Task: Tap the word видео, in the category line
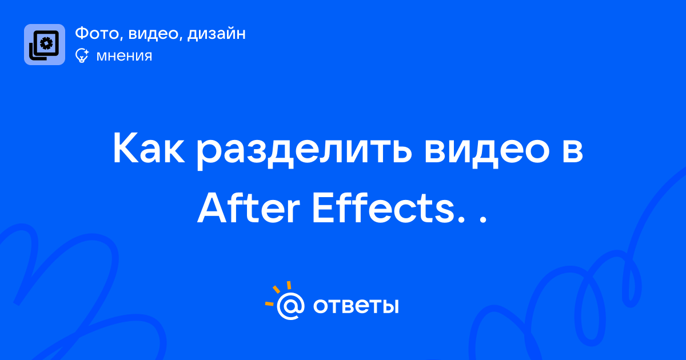pyautogui.click(x=153, y=34)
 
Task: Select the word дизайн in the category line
pyautogui.click(x=217, y=34)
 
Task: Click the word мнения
pyautogui.click(x=125, y=56)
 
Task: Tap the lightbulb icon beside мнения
pyautogui.click(x=82, y=55)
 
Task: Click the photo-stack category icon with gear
pyautogui.click(x=45, y=45)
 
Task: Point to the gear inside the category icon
pyautogui.click(x=46, y=43)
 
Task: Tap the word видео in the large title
pyautogui.click(x=487, y=151)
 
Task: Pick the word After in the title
pyautogui.click(x=248, y=208)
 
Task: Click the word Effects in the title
pyautogui.click(x=383, y=208)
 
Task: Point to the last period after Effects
pyautogui.click(x=482, y=220)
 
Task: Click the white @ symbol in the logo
pyautogui.click(x=290, y=306)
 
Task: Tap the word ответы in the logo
pyautogui.click(x=356, y=306)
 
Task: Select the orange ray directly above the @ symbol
pyautogui.click(x=289, y=285)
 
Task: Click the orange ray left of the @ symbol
pyautogui.click(x=269, y=303)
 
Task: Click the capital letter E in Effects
pyautogui.click(x=323, y=209)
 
